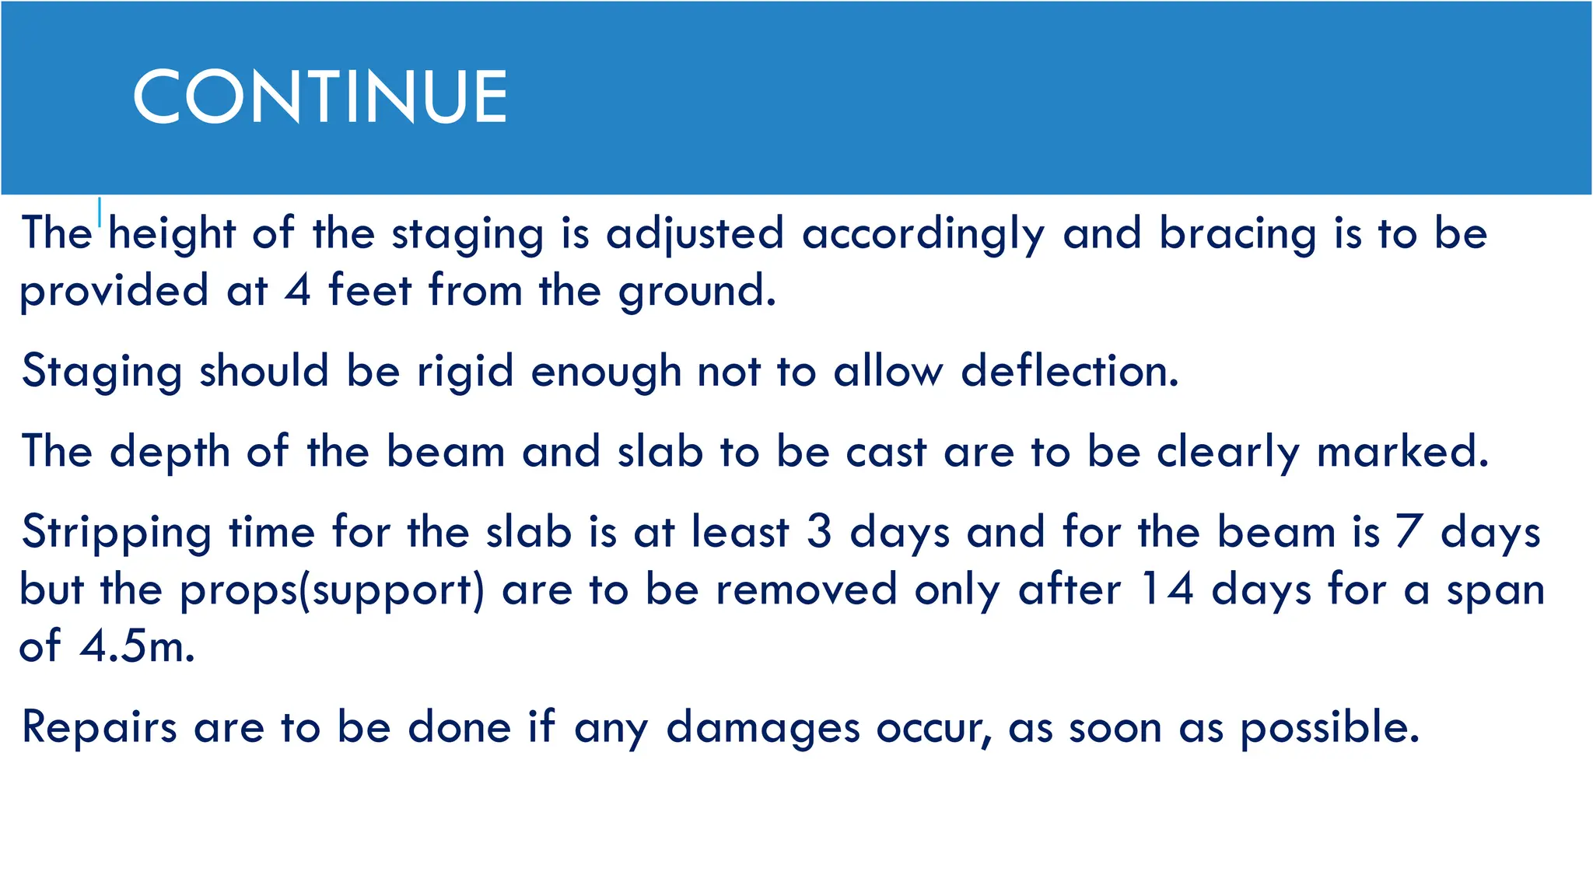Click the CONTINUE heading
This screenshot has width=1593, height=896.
click(320, 96)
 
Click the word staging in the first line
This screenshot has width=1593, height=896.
click(467, 234)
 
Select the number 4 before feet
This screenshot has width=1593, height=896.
click(298, 290)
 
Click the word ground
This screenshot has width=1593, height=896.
click(696, 292)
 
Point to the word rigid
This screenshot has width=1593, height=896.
click(465, 372)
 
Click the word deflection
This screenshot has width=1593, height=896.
click(1070, 370)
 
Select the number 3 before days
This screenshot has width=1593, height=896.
click(819, 532)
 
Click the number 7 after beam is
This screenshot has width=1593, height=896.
click(1409, 532)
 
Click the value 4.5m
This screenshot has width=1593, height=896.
click(137, 646)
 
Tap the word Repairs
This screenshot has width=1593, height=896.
click(100, 727)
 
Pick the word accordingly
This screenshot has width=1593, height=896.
click(923, 234)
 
